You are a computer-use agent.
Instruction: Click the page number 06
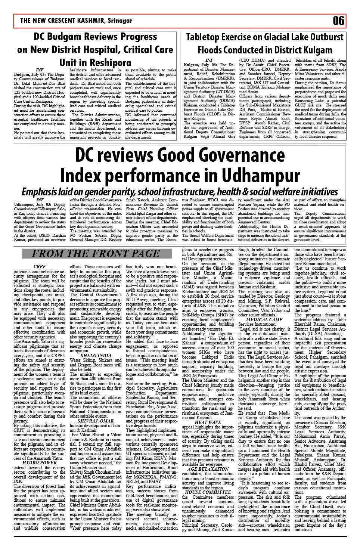tap(338, 21)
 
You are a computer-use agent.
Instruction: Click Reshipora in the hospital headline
tap(110, 63)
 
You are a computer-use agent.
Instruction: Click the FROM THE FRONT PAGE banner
tap(96, 254)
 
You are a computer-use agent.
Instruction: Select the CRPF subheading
tap(40, 267)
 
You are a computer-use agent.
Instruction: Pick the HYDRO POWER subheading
tap(40, 462)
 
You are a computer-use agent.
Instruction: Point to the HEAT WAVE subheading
tap(208, 422)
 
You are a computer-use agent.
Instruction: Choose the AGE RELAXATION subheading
tap(208, 469)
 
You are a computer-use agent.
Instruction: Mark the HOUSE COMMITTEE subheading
tap(208, 492)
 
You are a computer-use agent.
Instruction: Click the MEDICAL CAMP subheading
tap(264, 319)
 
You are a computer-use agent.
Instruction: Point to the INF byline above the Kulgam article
tap(209, 60)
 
